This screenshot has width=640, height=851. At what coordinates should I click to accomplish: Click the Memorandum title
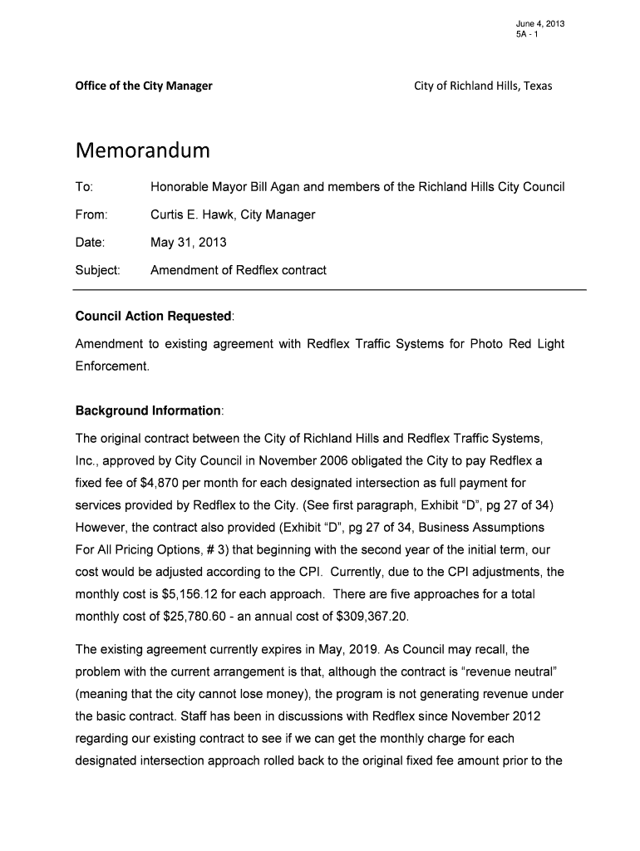coord(142,152)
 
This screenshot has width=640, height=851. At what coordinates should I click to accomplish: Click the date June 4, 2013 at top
coord(540,23)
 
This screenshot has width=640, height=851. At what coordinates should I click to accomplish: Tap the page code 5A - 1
coord(527,35)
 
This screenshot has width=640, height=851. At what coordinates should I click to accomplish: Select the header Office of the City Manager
coord(144,86)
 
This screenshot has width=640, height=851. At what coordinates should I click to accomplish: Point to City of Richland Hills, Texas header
coord(483,86)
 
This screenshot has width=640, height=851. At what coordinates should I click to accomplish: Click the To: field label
coord(84,187)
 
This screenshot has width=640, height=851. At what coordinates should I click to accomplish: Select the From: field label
coord(91,215)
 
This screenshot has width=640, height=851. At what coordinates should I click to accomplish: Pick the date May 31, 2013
coord(188,243)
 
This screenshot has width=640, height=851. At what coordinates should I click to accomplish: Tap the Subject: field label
coord(98,270)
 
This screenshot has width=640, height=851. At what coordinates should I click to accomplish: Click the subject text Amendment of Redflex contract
coord(238,270)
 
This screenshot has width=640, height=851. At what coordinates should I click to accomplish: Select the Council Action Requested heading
coord(154,317)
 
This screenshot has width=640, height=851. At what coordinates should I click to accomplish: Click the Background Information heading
coord(148,411)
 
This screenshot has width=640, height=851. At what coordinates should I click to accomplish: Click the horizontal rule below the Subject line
coord(330,289)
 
